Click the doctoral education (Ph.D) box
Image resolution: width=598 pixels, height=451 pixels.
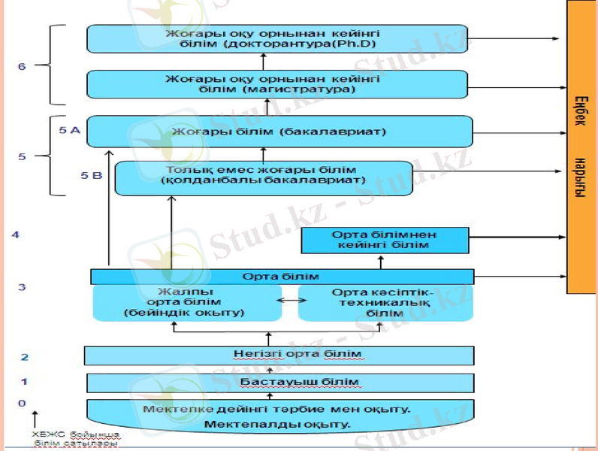pos(276,38)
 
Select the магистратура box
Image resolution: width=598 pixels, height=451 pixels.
pos(276,83)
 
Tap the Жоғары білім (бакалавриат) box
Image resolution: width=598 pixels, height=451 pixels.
pos(279,132)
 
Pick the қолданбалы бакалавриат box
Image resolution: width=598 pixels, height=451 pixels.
pos(263,177)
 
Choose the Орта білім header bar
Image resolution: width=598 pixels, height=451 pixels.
pos(282,277)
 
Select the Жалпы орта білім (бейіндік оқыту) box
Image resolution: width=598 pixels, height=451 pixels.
pos(184,302)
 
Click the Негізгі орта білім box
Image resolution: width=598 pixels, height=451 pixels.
pos(279,355)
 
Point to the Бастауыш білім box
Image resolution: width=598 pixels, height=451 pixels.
pos(279,383)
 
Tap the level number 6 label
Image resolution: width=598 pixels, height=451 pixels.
pos(22,66)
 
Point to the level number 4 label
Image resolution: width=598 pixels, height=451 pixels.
pos(16,235)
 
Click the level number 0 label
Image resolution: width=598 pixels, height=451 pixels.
pos(22,404)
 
